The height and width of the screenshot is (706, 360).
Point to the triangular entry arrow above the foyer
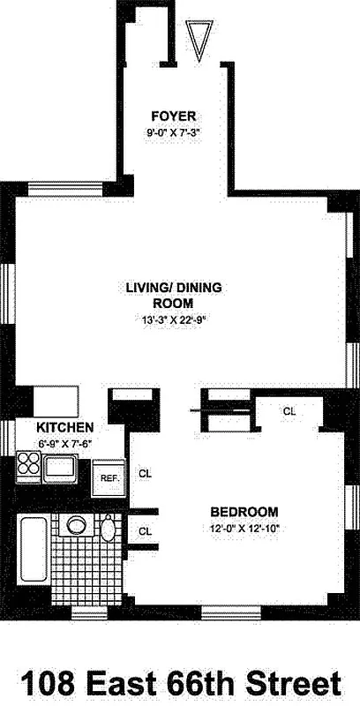click(199, 41)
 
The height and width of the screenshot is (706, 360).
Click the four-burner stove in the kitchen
click(27, 463)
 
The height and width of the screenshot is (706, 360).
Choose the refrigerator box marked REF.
click(109, 477)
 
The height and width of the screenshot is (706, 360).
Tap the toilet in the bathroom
click(109, 530)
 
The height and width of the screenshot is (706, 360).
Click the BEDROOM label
click(244, 512)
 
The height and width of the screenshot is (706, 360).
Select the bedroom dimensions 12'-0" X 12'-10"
click(244, 529)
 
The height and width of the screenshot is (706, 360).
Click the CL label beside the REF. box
click(146, 474)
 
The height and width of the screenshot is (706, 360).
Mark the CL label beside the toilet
click(146, 530)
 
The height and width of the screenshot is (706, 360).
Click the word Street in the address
click(296, 682)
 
